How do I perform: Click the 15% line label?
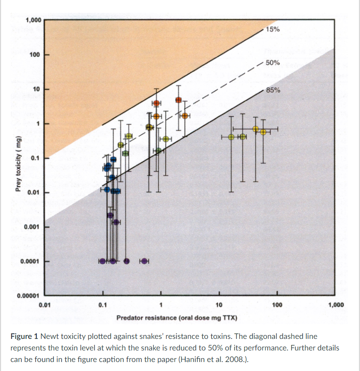click(273, 30)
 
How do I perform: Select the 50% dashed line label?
click(273, 62)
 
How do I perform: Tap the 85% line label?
click(273, 90)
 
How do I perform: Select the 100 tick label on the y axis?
click(36, 55)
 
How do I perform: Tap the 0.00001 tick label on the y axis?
click(28, 296)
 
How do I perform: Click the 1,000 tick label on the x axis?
click(335, 305)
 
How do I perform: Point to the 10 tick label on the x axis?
click(219, 305)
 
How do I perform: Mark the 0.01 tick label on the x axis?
click(45, 305)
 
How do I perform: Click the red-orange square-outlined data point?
click(179, 100)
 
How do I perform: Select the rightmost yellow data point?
click(263, 132)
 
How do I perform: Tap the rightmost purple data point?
click(144, 261)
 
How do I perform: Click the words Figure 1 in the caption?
click(25, 337)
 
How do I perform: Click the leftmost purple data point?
click(102, 261)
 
